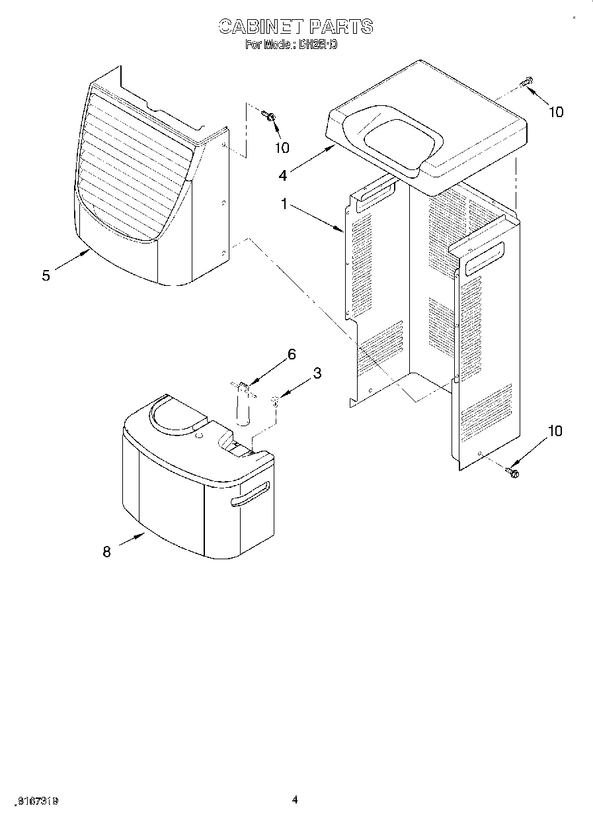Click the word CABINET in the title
260,26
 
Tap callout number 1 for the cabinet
284,205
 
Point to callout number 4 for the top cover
282,175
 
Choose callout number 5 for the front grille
46,275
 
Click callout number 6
291,354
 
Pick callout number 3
317,373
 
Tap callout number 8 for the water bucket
106,551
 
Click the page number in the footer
295,800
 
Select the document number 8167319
40,801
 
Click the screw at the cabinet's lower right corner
512,471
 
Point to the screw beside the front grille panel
270,116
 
